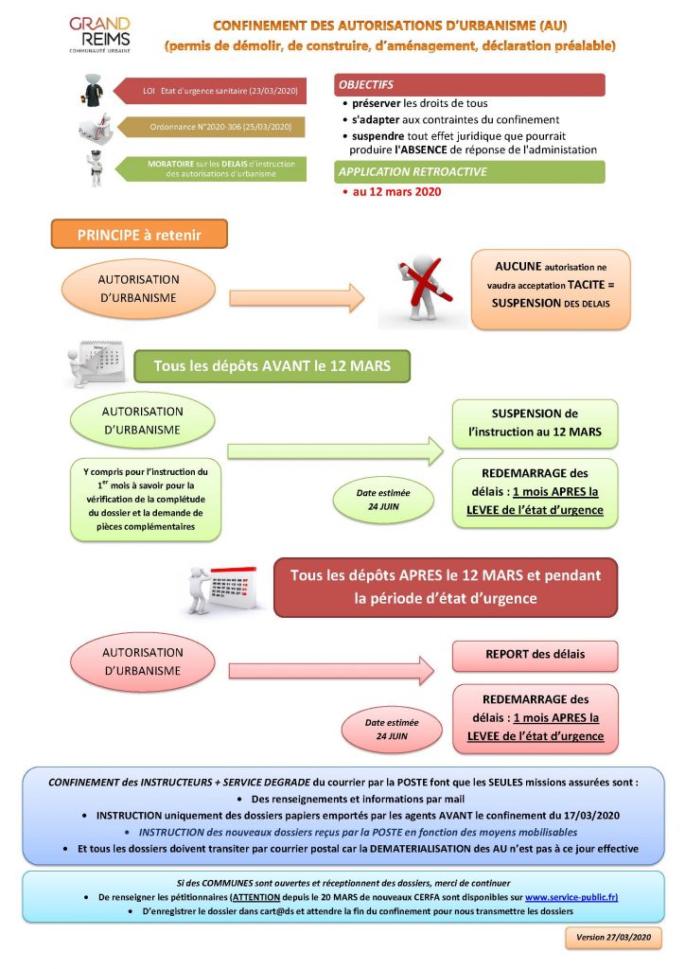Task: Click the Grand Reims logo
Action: click(99, 35)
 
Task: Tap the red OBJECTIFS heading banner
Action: click(469, 84)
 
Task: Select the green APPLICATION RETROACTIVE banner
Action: click(469, 172)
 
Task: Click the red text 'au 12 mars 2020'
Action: click(396, 191)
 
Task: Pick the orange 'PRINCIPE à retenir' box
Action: click(139, 235)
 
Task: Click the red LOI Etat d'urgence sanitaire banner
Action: click(210, 91)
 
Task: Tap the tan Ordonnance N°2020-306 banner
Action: click(211, 127)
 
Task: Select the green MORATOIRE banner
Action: click(211, 168)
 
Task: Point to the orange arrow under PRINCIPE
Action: click(296, 298)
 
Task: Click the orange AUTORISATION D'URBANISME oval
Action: click(138, 289)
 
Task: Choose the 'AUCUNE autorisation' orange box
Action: click(551, 290)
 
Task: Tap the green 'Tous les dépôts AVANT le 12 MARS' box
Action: click(272, 366)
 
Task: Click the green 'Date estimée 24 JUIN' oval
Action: click(383, 500)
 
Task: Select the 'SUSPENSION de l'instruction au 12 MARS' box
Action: click(535, 423)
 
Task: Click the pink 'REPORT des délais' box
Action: click(535, 655)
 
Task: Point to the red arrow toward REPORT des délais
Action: click(331, 671)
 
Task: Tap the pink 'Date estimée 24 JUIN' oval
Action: click(392, 730)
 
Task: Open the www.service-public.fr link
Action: click(571, 897)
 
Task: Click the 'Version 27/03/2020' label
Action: click(613, 937)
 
